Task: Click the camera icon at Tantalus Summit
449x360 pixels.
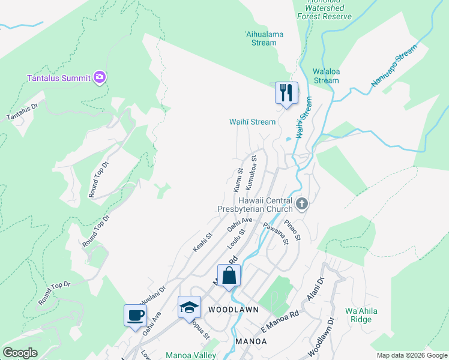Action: pyautogui.click(x=100, y=77)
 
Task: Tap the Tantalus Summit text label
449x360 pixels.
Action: pyautogui.click(x=59, y=77)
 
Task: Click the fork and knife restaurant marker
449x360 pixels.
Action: pyautogui.click(x=286, y=92)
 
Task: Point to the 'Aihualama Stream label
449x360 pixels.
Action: pyautogui.click(x=264, y=38)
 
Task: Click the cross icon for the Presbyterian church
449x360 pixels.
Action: pyautogui.click(x=301, y=205)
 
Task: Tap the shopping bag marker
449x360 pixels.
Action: pyautogui.click(x=229, y=276)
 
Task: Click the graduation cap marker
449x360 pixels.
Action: pyautogui.click(x=189, y=307)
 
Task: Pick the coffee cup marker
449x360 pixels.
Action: pyautogui.click(x=134, y=315)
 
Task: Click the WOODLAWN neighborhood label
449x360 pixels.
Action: pyautogui.click(x=233, y=310)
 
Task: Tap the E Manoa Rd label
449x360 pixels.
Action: pyautogui.click(x=280, y=323)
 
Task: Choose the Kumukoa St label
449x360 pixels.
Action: pyautogui.click(x=251, y=170)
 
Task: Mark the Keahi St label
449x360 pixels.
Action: pyautogui.click(x=203, y=242)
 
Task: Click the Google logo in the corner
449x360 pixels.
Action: pyautogui.click(x=20, y=353)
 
